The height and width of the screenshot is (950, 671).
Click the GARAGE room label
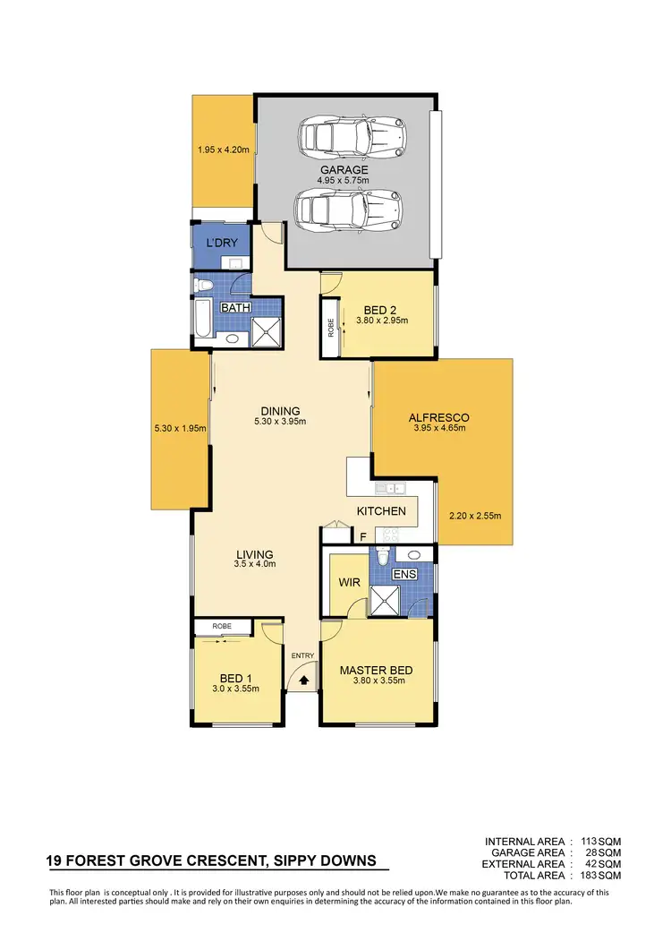pyautogui.click(x=344, y=169)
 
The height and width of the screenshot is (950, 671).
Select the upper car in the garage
pyautogui.click(x=352, y=137)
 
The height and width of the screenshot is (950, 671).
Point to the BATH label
pyautogui.click(x=236, y=307)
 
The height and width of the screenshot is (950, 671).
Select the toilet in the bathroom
pyautogui.click(x=203, y=286)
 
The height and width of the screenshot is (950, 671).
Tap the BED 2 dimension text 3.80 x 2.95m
pyautogui.click(x=381, y=320)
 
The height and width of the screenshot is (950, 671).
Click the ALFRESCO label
pyautogui.click(x=438, y=417)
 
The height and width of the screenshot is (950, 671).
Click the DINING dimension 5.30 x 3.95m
pyautogui.click(x=281, y=422)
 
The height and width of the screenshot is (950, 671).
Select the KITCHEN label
pyautogui.click(x=382, y=511)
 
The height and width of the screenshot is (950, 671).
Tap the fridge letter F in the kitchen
pyautogui.click(x=362, y=537)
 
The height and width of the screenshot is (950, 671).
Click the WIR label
pyautogui.click(x=348, y=582)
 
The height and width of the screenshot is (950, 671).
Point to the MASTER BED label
pyautogui.click(x=376, y=669)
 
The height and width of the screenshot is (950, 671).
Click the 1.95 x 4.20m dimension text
pyautogui.click(x=224, y=150)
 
